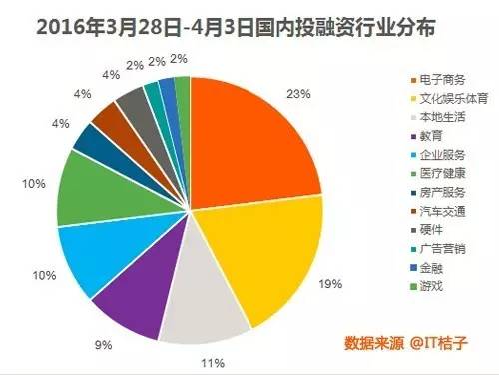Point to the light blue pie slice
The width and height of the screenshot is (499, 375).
(95, 250)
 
